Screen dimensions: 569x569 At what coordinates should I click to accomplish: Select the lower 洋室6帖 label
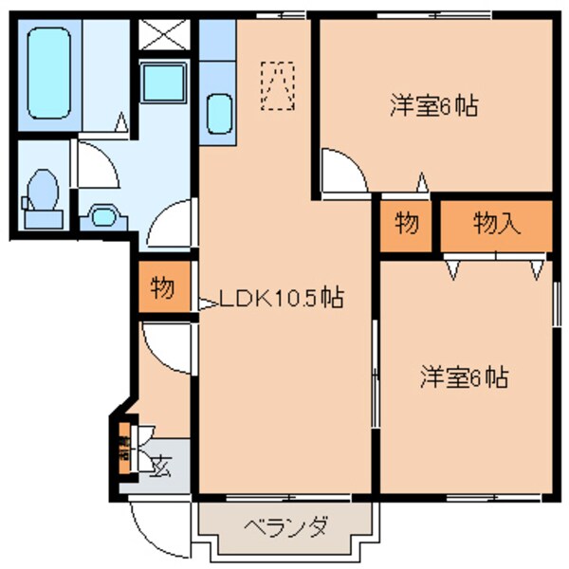464,378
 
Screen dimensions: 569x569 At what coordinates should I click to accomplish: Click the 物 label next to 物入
408,225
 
